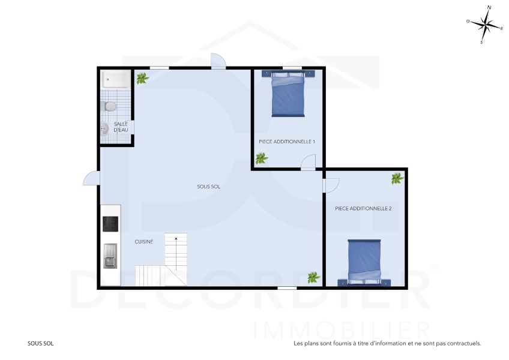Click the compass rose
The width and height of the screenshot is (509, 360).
pos(485,25)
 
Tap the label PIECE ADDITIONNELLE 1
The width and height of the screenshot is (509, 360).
pos(287,142)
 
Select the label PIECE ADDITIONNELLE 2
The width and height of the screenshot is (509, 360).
pos(363,209)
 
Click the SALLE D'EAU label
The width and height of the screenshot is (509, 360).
pos(121,127)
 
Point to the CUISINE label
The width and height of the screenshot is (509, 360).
pos(144,242)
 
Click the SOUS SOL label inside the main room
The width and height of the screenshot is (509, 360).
pos(208,187)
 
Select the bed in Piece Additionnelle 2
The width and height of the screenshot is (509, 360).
pos(364,261)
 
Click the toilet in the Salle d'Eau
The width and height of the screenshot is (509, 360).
pos(109,106)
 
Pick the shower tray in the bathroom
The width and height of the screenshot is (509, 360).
pos(114,79)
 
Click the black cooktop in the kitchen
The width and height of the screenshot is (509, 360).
pos(110,224)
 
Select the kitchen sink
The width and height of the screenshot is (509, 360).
pos(110,256)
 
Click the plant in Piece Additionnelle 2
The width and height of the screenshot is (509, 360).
pos(397,178)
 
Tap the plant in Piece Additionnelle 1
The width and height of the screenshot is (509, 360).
pos(261,158)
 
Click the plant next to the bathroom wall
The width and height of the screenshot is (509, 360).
pos(142,78)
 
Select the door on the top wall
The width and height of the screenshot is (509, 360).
pos(218,61)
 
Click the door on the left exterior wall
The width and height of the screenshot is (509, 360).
pos(91,178)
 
